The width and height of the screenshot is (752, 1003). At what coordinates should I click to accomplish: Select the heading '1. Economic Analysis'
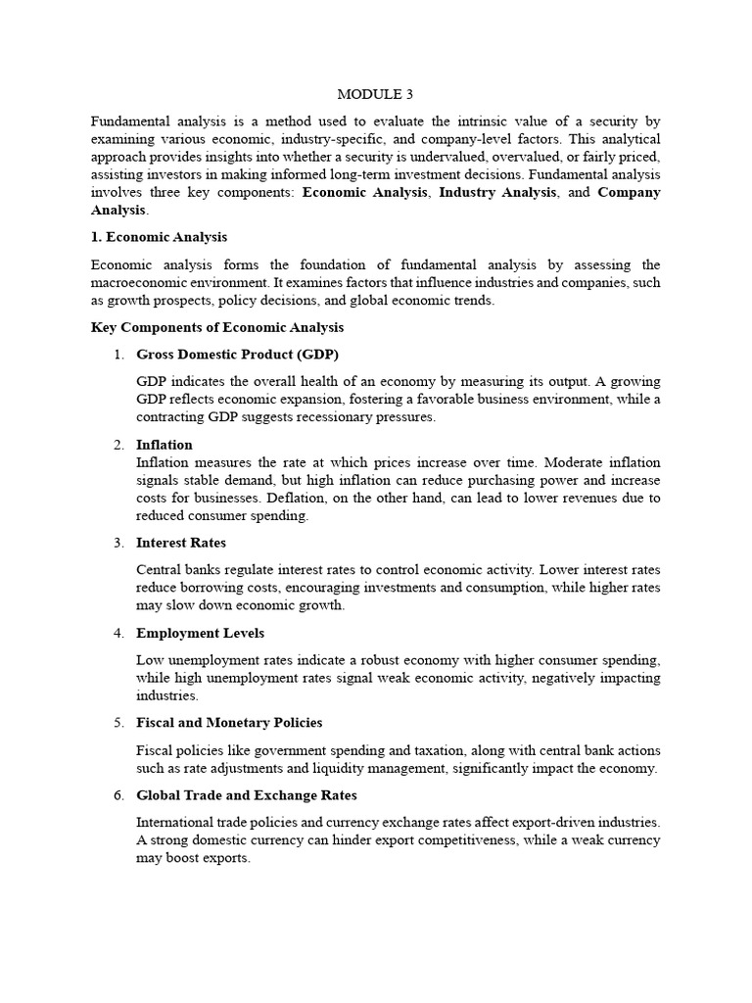coord(159,237)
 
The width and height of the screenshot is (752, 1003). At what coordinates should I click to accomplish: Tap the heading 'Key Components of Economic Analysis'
coord(217,327)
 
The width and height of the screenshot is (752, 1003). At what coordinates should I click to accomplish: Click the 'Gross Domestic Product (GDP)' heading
coord(238,355)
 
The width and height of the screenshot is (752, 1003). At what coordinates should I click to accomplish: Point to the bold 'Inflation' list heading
coord(164,445)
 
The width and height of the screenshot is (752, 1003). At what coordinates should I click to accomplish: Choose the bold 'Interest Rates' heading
coord(181,543)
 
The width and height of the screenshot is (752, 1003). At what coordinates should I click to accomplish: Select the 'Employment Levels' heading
coord(200,633)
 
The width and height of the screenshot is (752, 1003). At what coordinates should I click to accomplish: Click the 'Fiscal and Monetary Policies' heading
coord(229,723)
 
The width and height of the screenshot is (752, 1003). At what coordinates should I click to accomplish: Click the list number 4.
coord(117,633)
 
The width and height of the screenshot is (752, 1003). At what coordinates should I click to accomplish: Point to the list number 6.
coord(117,795)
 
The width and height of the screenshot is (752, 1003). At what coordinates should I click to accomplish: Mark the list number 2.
coord(117,445)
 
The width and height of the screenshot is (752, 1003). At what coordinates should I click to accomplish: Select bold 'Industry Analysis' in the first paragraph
coord(497,192)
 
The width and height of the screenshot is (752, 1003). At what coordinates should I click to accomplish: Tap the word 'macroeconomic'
coord(140,283)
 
